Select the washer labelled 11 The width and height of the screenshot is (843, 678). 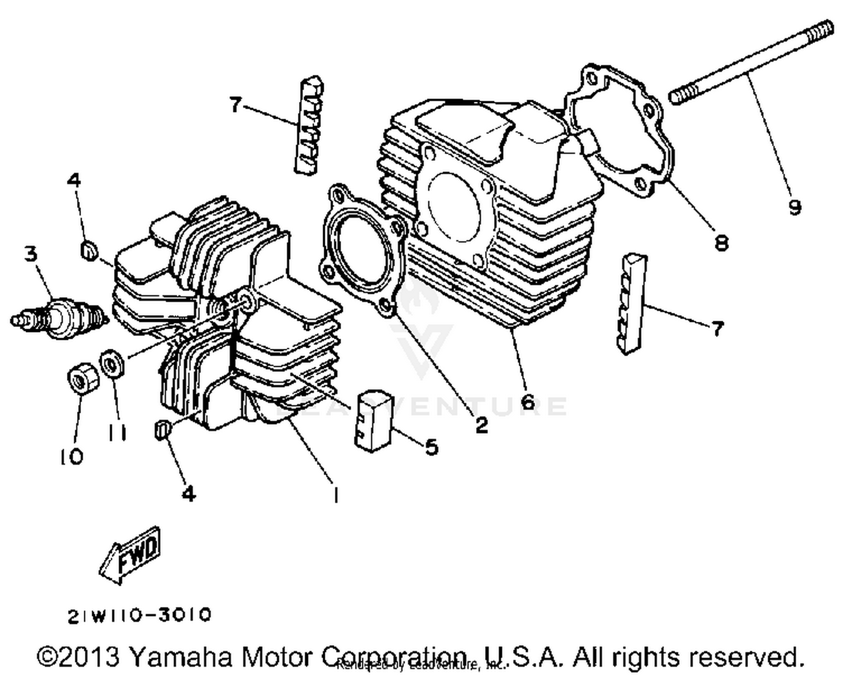pos(113,364)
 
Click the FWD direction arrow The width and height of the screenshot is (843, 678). pos(130,554)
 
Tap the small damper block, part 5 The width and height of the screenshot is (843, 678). pos(373,420)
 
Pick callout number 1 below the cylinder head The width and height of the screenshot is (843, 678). pos(336,495)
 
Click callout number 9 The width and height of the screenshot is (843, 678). pos(794,208)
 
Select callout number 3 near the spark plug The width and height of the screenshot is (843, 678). pos(31,254)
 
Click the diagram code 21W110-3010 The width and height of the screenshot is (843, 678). pos(139,616)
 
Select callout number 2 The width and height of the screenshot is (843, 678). pos(482,425)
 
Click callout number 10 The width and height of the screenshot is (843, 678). pos(71,456)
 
